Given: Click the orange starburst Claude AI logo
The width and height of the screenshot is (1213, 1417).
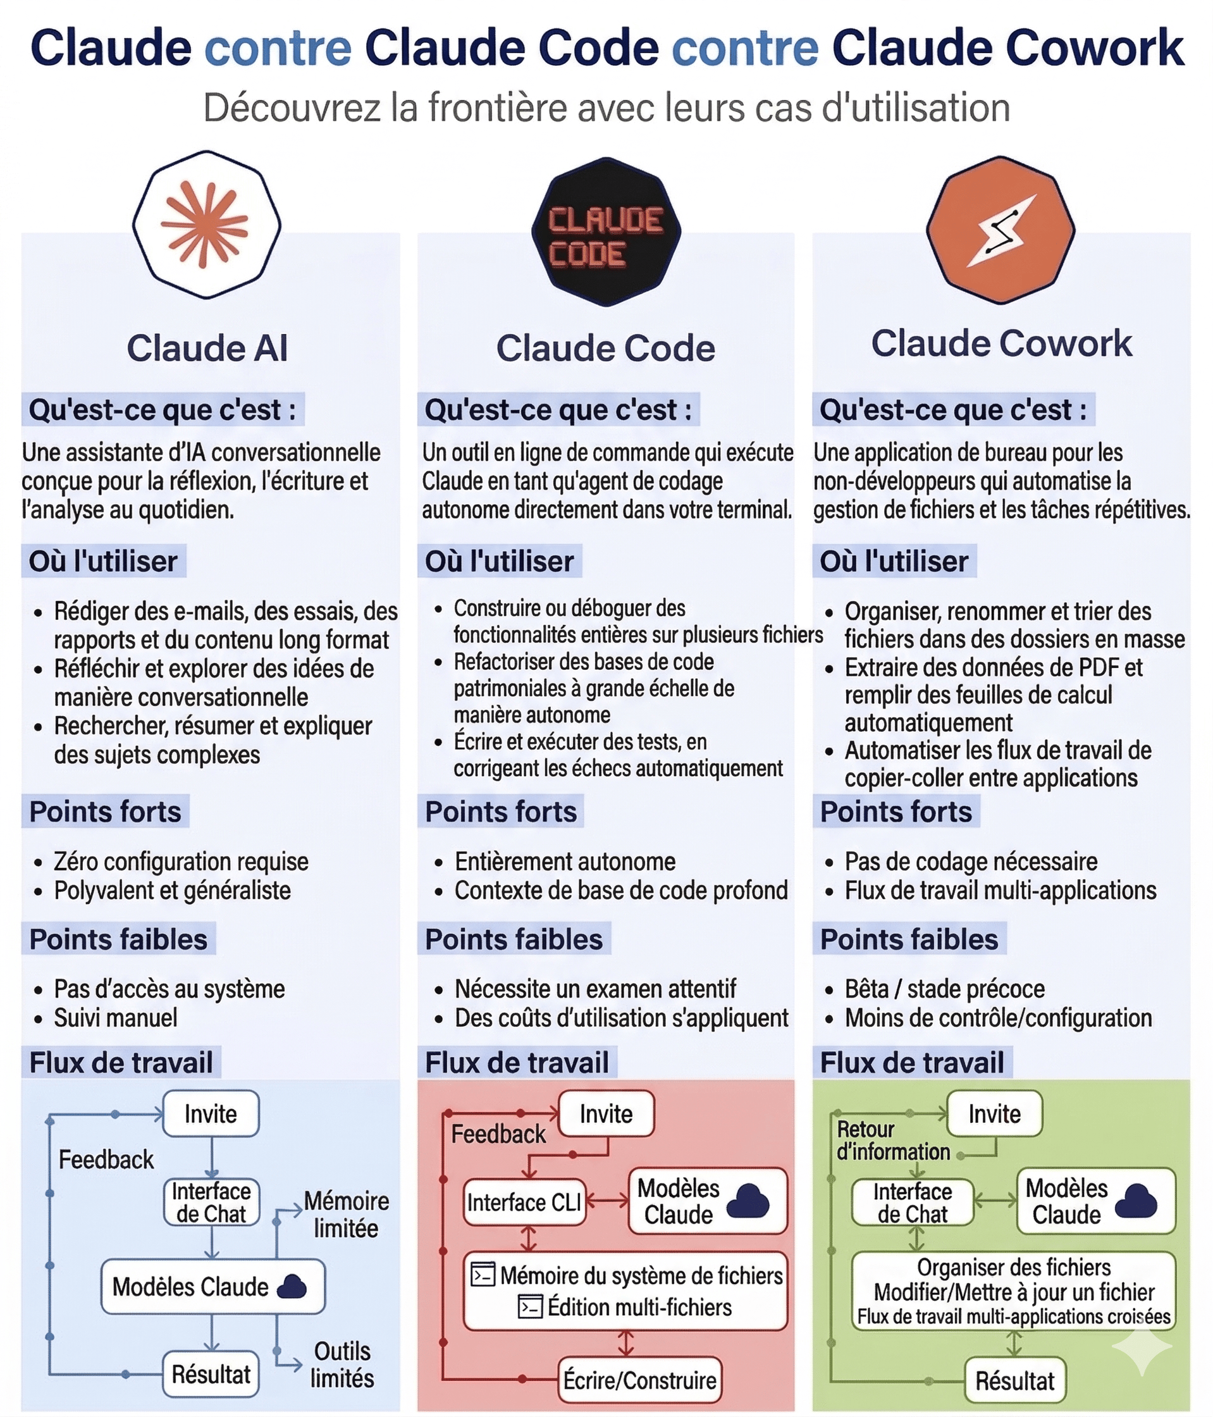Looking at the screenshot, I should click(x=205, y=225).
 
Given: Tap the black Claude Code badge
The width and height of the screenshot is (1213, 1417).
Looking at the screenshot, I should click(x=606, y=233).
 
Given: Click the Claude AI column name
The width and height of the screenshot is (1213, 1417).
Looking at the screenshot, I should click(x=207, y=348).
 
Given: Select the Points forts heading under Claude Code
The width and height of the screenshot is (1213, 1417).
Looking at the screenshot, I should click(x=500, y=812).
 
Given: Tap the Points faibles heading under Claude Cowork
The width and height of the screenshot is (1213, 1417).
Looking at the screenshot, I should click(x=909, y=939).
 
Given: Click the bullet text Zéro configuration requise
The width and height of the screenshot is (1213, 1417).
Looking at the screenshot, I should click(x=182, y=862).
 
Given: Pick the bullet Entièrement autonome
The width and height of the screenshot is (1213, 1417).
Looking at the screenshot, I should click(x=565, y=862).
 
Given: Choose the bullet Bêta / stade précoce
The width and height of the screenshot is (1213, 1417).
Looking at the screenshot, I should click(x=944, y=989).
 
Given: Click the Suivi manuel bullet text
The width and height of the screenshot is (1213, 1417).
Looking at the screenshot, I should click(x=116, y=1018).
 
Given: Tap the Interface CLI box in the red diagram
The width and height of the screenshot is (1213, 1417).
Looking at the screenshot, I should click(x=524, y=1203).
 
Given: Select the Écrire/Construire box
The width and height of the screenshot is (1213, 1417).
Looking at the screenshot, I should click(x=639, y=1380).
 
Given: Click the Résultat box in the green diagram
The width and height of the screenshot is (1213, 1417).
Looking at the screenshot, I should click(x=1014, y=1381).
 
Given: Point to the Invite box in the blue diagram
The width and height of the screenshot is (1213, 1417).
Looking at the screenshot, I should click(x=211, y=1114).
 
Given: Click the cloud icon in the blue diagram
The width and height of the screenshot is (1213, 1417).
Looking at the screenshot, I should click(x=292, y=1287).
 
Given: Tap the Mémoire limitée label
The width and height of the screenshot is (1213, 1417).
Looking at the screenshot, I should click(x=346, y=1215).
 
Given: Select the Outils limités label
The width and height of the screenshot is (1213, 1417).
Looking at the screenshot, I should click(x=342, y=1364).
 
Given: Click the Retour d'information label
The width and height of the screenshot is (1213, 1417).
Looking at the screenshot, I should click(x=892, y=1141).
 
